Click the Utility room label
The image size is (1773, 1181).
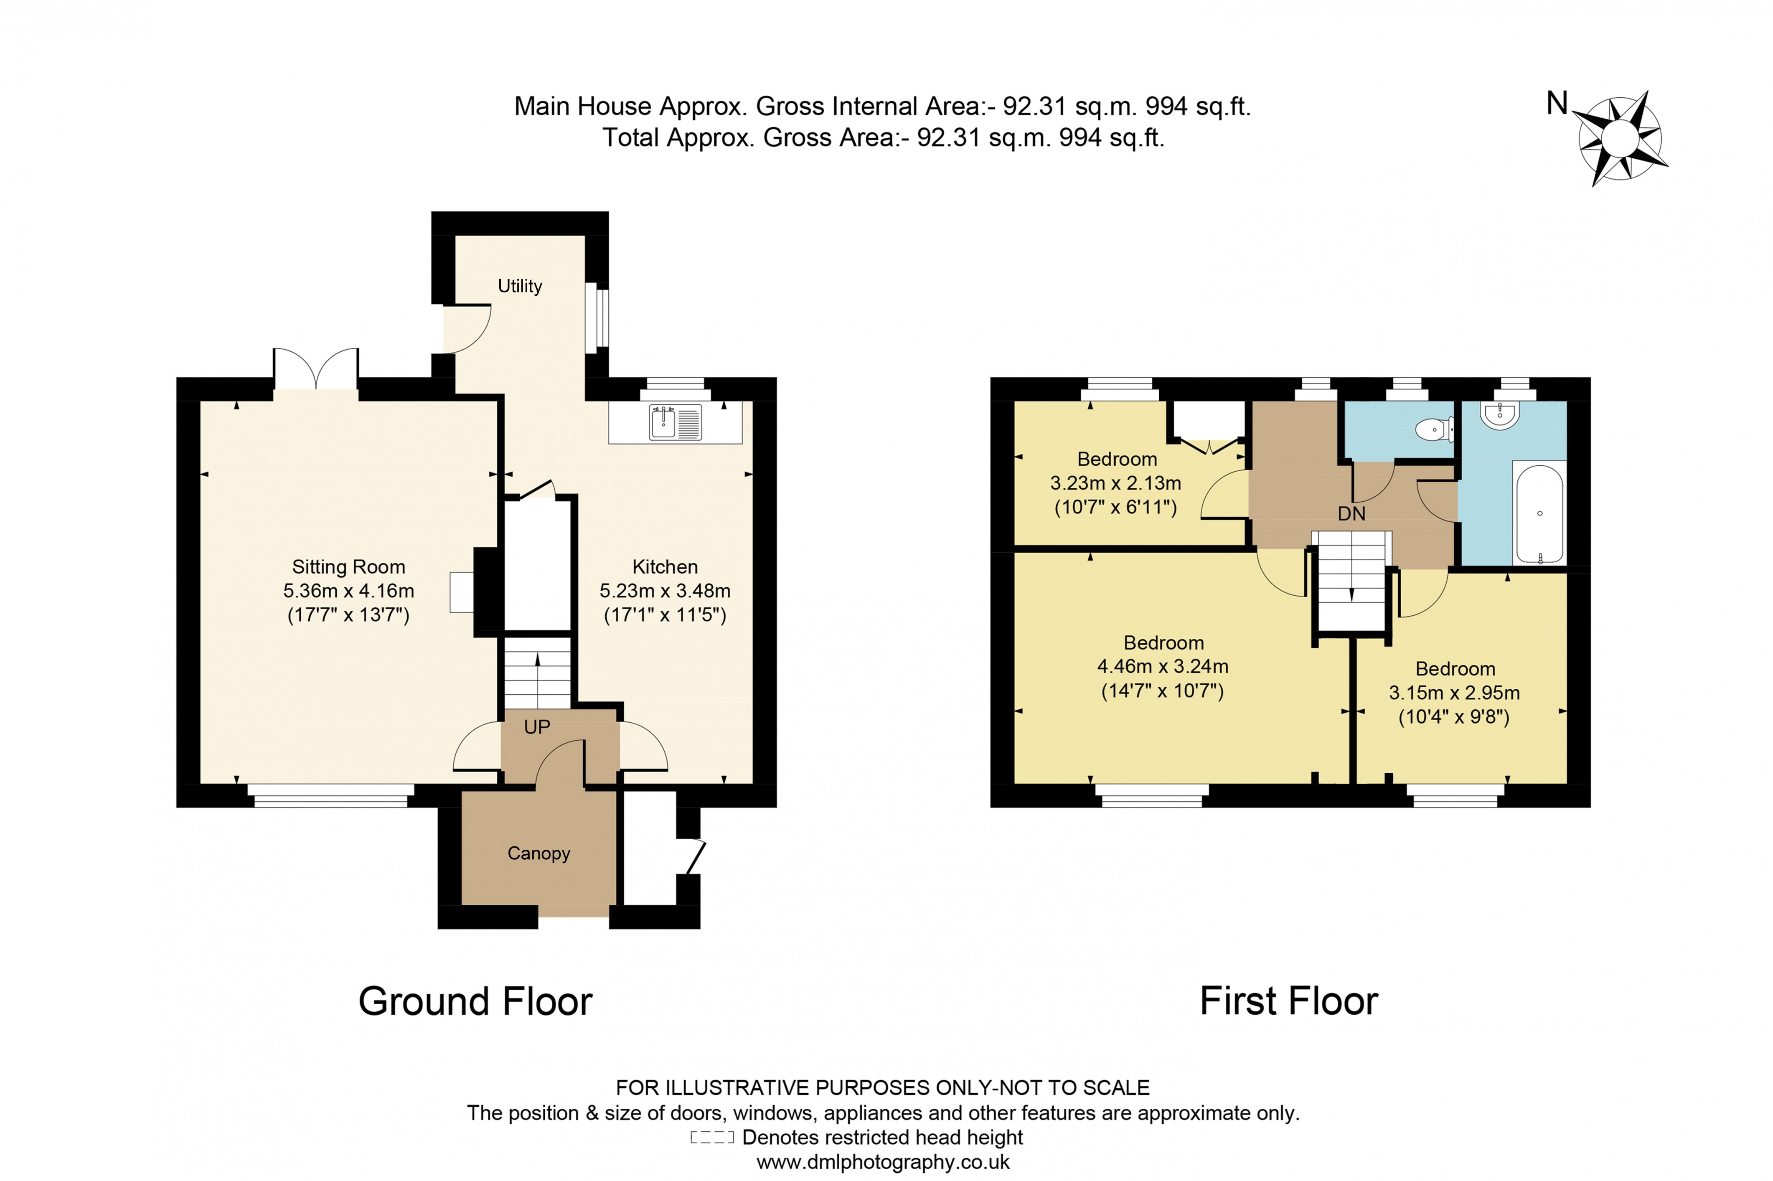tap(520, 286)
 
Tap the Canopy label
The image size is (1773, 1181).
tap(539, 853)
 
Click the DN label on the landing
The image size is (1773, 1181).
tap(1351, 514)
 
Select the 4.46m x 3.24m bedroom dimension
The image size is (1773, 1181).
tap(1163, 667)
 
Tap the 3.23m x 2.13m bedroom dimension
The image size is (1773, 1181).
tap(1115, 483)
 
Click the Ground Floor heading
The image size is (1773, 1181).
tap(475, 1002)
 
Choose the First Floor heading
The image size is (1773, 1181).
tap(1289, 1002)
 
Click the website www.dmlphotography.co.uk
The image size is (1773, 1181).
tap(883, 1162)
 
